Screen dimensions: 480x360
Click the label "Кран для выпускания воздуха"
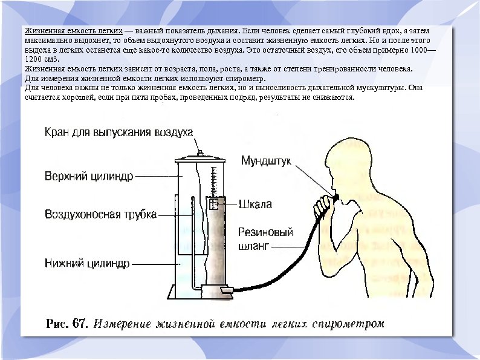[x=118, y=133]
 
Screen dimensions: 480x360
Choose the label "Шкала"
[x=256, y=204]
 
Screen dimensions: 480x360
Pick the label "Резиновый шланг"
[x=265, y=239]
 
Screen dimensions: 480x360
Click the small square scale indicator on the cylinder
[x=213, y=204]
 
